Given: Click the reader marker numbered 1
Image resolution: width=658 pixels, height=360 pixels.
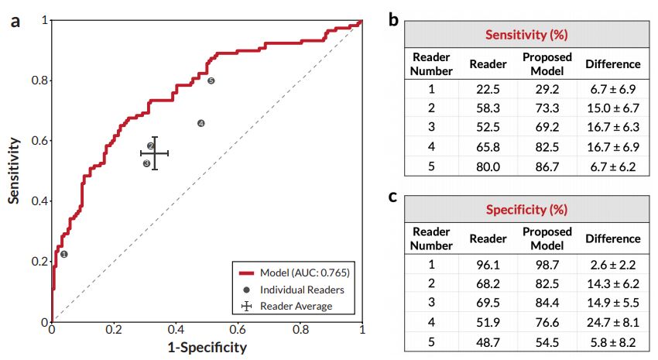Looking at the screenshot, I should point(64,254).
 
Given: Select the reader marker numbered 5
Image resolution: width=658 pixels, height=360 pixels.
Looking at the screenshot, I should point(211,81).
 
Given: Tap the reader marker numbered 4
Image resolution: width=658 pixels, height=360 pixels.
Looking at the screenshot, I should point(201,123).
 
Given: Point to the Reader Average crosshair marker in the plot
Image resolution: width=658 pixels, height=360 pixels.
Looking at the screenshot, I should point(154,153).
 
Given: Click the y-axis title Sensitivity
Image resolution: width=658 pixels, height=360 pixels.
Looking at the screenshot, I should point(14,170).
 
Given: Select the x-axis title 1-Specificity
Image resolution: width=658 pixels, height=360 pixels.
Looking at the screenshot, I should point(207,348).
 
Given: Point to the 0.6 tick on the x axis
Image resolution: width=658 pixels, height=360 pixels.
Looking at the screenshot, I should point(238,329).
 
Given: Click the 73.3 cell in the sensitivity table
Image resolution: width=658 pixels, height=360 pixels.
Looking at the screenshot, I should point(547,108).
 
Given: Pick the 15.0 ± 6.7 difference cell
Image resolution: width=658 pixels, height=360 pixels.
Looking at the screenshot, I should point(612,108).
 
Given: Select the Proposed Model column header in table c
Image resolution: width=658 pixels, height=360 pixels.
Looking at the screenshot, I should point(547,238).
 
